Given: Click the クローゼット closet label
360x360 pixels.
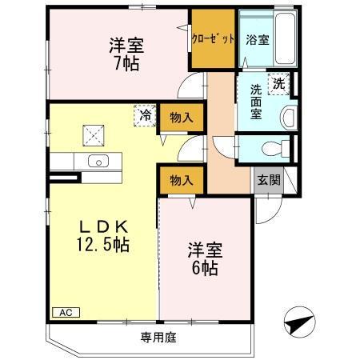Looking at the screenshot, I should pos(212,38).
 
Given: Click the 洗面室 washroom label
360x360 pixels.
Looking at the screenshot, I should pos(254,102).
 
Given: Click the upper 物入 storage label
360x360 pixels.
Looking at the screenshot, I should pos(182,118).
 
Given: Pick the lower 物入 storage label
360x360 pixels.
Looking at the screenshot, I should pos(182,181).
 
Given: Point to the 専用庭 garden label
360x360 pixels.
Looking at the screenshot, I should pos(158,337).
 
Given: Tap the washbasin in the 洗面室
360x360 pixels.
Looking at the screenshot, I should pos(288,117).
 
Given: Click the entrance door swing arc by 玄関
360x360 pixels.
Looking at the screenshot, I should pos(267,210).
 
